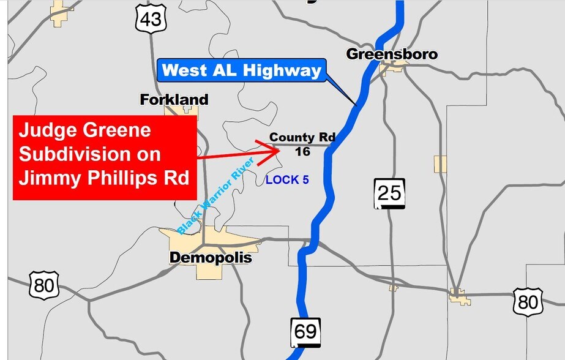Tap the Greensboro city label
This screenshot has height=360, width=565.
point(392,54)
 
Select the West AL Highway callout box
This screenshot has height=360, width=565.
point(242,70)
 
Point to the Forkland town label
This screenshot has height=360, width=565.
point(174,99)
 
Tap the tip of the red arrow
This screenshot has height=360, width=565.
point(279,148)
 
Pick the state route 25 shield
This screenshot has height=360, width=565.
point(389,194)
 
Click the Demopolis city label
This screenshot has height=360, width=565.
point(210,258)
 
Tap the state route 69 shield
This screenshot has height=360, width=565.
point(305,331)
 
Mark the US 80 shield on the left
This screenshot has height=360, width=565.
point(44,285)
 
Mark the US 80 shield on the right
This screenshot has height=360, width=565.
point(528,302)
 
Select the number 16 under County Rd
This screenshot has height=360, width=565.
point(302,151)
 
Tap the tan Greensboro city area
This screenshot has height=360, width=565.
point(394,66)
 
